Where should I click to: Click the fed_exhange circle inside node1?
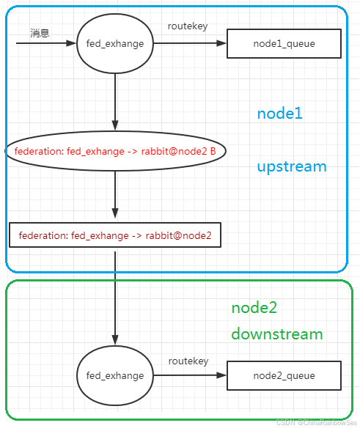pos(115,43)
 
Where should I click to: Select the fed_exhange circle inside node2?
pos(115,375)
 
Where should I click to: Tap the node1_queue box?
pos(284,44)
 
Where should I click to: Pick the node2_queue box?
pos(284,375)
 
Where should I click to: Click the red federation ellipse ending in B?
pos(115,151)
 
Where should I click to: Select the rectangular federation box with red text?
pos(115,235)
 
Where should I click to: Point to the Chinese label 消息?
pos(40,33)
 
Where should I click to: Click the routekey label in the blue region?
pos(188,26)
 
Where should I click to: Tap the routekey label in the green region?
pos(188,361)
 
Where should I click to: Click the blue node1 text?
pos(279,114)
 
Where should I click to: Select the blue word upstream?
pos(291,166)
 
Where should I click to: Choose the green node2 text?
pos(254,307)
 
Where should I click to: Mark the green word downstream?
pos(276,334)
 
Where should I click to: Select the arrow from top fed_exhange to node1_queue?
pos(189,43)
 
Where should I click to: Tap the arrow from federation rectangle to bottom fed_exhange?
pos(115,297)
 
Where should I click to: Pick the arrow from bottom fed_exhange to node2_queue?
pos(189,375)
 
